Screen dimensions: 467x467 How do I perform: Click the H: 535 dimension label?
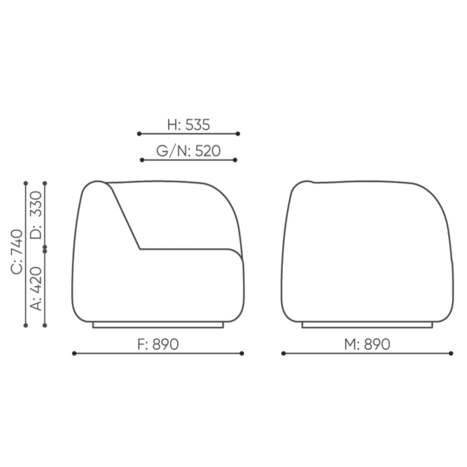(189, 125)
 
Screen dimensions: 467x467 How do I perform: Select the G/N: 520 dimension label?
(188, 151)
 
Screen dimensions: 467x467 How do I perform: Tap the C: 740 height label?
(17, 252)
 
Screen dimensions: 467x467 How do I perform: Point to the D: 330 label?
(36, 215)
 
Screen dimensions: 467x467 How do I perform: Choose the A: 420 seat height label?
(36, 289)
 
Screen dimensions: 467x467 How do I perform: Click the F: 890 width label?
(158, 344)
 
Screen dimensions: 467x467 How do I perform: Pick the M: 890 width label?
(367, 344)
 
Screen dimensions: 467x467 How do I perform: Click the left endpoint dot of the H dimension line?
(139, 134)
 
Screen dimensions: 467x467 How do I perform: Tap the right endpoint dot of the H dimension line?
(238, 134)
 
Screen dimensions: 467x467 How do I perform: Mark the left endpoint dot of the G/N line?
(142, 160)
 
